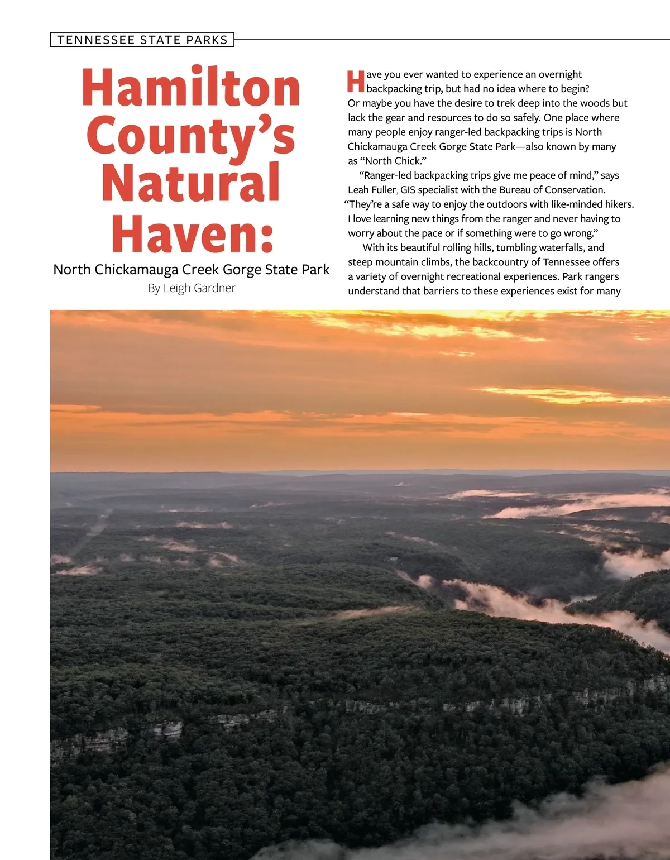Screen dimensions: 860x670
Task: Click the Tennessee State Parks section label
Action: pos(142,40)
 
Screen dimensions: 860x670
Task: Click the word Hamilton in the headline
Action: pos(191,88)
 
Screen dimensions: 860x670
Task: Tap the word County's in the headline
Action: pos(191,136)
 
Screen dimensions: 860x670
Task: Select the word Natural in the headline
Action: pos(191,183)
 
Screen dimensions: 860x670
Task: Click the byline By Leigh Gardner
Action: pos(192,288)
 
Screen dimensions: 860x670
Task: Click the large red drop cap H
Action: pos(356,82)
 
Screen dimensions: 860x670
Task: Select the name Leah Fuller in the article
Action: pos(372,190)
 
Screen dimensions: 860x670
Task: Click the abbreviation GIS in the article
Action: pos(408,190)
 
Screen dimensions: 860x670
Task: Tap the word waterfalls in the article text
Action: pos(559,247)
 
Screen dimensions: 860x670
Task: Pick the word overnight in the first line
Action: pos(560,74)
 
